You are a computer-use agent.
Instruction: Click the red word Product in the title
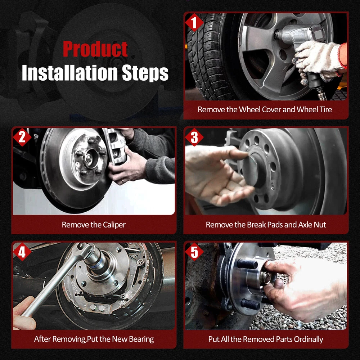pyautogui.click(x=95, y=49)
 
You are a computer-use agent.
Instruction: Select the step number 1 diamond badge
pyautogui.click(x=194, y=22)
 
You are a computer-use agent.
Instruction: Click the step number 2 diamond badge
pyautogui.click(x=22, y=137)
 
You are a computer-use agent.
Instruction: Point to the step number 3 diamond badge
pyautogui.click(x=194, y=137)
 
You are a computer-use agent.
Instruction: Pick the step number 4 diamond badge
pyautogui.click(x=22, y=252)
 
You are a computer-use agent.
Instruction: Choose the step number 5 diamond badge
pyautogui.click(x=194, y=252)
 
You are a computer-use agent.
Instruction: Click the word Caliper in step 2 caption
pyautogui.click(x=114, y=225)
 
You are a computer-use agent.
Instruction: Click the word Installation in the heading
pyautogui.click(x=70, y=73)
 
